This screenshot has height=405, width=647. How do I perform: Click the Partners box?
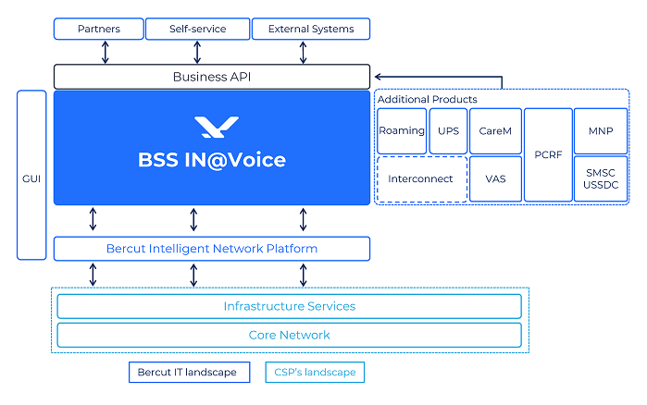click(x=98, y=29)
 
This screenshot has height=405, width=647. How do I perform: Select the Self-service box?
click(x=196, y=29)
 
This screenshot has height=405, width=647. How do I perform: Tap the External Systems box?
click(x=310, y=29)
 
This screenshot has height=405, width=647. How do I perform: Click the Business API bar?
click(x=212, y=77)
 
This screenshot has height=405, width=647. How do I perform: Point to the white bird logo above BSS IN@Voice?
click(x=216, y=127)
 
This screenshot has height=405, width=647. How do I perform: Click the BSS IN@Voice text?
click(x=212, y=160)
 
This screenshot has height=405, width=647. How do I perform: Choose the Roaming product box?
click(x=401, y=131)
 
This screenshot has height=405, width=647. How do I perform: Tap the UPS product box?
click(x=448, y=131)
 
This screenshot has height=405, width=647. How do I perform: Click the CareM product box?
click(x=495, y=131)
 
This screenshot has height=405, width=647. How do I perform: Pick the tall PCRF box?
click(x=548, y=154)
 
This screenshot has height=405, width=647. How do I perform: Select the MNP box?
click(x=601, y=131)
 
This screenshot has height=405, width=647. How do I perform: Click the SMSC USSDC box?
click(x=601, y=178)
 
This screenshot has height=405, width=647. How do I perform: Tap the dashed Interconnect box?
click(x=421, y=178)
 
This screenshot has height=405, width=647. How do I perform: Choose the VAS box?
click(x=495, y=178)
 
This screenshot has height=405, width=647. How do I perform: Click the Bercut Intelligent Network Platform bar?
click(x=212, y=249)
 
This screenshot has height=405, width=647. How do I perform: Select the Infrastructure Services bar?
click(x=289, y=306)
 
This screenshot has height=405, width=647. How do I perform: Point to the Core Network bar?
click(x=289, y=335)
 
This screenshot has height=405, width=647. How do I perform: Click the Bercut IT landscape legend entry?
click(x=189, y=373)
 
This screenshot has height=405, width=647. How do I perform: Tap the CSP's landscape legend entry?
click(x=315, y=373)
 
